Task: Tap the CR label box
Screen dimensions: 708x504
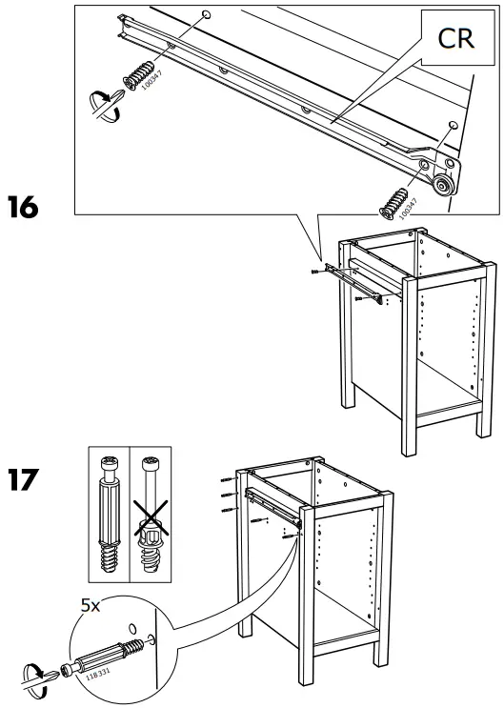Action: pyautogui.click(x=453, y=38)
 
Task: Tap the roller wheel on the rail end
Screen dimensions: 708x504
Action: pyautogui.click(x=441, y=185)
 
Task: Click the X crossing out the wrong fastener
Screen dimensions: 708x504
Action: pyautogui.click(x=148, y=521)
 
